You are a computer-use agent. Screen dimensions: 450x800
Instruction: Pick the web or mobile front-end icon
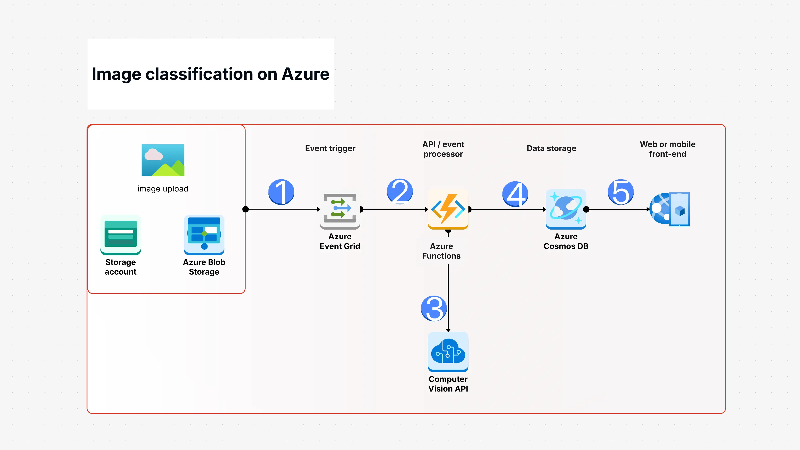pyautogui.click(x=670, y=209)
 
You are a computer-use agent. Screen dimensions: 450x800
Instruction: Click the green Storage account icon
pyautogui.click(x=121, y=234)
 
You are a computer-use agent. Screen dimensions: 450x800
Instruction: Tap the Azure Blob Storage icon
pyautogui.click(x=204, y=234)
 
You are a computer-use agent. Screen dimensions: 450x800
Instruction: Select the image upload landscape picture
pyautogui.click(x=163, y=160)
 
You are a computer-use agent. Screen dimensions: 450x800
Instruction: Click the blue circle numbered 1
pyautogui.click(x=281, y=192)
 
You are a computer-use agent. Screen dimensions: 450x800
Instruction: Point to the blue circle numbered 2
pyautogui.click(x=400, y=191)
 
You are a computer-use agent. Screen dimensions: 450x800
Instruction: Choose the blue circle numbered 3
pyautogui.click(x=434, y=308)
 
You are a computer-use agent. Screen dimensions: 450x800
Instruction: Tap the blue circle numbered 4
pyautogui.click(x=515, y=194)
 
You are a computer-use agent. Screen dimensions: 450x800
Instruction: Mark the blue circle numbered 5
pyautogui.click(x=621, y=192)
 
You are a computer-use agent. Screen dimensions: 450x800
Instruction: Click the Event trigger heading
pyautogui.click(x=330, y=148)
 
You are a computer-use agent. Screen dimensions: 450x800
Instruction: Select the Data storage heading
pyautogui.click(x=551, y=148)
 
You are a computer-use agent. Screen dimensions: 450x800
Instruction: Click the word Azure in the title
pyautogui.click(x=305, y=74)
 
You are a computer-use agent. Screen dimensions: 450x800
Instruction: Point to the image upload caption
pyautogui.click(x=163, y=189)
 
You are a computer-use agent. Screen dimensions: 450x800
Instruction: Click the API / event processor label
pyautogui.click(x=443, y=149)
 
